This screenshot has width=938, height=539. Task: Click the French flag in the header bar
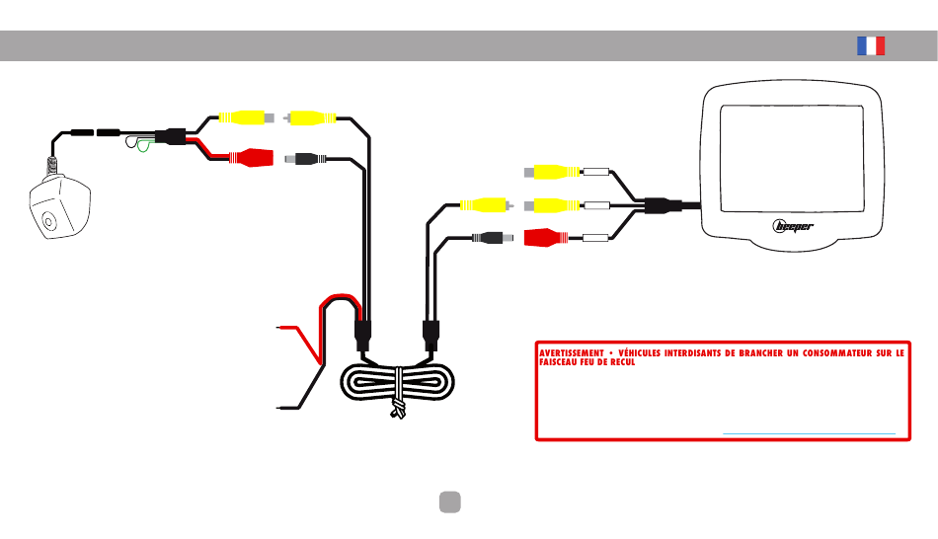coord(871,46)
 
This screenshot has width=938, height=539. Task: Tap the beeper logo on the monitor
coord(793,226)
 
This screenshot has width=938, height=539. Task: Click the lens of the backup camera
coord(47,221)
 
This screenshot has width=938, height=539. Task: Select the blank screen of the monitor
coord(792,159)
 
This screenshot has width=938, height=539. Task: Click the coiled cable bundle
coord(397,382)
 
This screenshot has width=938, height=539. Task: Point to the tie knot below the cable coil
coord(398,409)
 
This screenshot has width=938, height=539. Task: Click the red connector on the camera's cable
coord(251,157)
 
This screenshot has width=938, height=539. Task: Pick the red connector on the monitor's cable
coord(546,238)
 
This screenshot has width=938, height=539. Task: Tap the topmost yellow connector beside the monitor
coord(552,173)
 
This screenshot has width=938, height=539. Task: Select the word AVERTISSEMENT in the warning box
coord(572,353)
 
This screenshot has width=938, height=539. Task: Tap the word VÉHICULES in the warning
coord(640,353)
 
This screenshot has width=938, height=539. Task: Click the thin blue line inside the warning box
coord(809,433)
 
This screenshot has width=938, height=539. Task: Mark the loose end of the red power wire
coord(277,327)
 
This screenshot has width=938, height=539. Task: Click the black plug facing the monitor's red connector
coord(493,238)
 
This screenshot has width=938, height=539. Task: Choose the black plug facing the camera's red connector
coord(306,159)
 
